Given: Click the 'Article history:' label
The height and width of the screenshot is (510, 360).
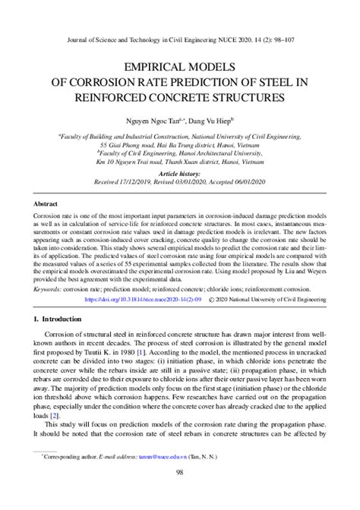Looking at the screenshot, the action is click(180, 173).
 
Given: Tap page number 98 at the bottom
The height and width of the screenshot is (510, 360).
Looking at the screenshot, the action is click(180, 493).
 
